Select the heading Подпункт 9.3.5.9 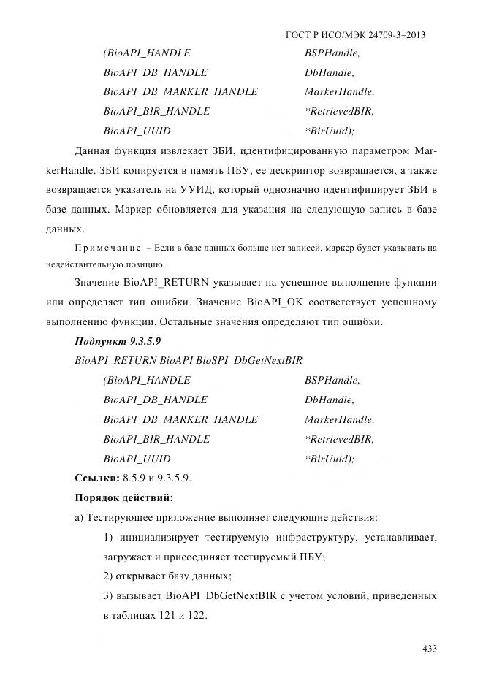click(118, 341)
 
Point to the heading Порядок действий click(124, 498)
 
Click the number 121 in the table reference click(162, 615)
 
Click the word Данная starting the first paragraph click(93, 151)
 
